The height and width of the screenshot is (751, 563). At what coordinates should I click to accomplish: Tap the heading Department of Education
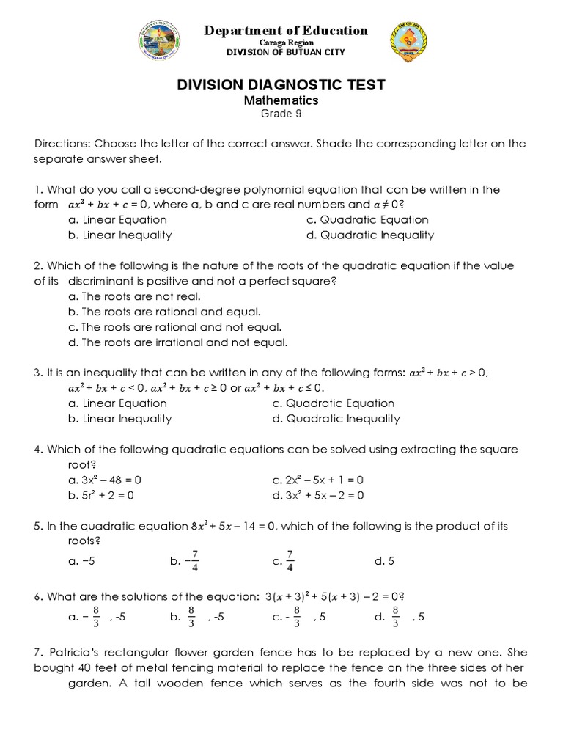coord(287,30)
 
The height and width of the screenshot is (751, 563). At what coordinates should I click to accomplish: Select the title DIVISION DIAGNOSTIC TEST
coord(281,85)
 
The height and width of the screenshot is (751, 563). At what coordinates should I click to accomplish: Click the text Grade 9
coord(281,114)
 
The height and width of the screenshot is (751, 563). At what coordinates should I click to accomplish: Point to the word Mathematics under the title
coord(281,100)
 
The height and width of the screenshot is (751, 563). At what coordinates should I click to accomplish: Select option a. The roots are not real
coord(133,296)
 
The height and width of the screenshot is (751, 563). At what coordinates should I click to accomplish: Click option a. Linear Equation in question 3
coord(117,403)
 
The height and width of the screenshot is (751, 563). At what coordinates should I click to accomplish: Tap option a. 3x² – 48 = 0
coord(103,480)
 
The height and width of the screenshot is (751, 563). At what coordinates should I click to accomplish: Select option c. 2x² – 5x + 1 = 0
coord(317,480)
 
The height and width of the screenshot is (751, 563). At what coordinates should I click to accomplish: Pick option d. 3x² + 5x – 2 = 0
coord(317,495)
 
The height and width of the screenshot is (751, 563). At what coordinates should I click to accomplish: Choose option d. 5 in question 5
coord(384,561)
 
